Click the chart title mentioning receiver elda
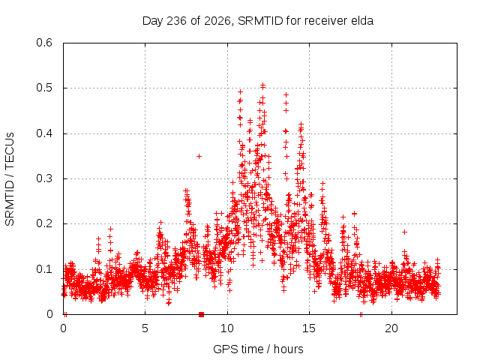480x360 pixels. (x=258, y=21)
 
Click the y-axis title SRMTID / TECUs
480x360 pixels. (x=10, y=179)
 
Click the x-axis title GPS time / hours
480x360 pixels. (x=258, y=349)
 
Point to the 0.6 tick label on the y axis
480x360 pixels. (x=44, y=43)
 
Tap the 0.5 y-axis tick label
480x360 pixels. (x=44, y=88)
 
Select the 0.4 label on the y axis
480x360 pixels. (x=44, y=133)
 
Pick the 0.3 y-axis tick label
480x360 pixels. (x=44, y=178)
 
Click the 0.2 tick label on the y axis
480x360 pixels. (x=44, y=223)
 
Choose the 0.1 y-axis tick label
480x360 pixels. (x=44, y=269)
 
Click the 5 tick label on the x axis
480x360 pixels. (x=145, y=328)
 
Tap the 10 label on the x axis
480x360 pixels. (x=227, y=328)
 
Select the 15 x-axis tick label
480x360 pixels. (x=309, y=328)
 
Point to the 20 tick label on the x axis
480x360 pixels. (x=391, y=328)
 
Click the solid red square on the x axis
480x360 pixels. (x=201, y=314)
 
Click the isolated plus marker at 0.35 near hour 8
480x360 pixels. (x=199, y=157)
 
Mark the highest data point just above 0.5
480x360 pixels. (x=262, y=85)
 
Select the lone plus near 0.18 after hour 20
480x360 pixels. (x=404, y=232)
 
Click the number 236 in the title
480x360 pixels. (x=176, y=21)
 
